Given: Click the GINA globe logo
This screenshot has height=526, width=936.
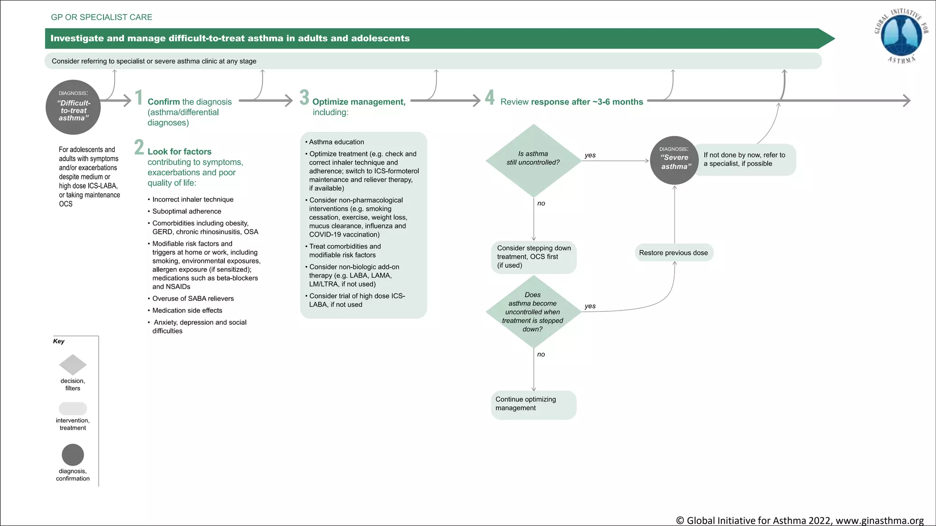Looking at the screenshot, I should [901, 36].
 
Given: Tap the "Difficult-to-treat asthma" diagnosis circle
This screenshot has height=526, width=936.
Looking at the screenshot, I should [73, 108].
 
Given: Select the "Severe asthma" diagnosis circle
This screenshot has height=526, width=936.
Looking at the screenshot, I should [675, 160].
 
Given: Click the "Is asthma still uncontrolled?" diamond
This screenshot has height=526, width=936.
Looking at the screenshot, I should [533, 160].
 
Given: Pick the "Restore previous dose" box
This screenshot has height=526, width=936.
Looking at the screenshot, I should [673, 252].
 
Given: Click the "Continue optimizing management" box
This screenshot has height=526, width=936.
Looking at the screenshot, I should [533, 404].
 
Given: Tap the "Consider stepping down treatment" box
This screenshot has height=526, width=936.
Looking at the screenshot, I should [533, 257].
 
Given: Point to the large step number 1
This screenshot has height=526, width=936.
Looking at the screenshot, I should [138, 98].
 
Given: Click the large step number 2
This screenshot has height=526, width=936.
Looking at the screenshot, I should [139, 147].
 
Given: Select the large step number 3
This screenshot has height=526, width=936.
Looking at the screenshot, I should [304, 97].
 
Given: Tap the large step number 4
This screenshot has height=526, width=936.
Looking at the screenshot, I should [489, 97].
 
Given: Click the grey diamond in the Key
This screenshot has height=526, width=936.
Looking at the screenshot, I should [73, 365].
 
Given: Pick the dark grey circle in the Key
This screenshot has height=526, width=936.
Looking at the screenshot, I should [73, 455].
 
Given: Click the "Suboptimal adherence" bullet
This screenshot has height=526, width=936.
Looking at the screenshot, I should [186, 211].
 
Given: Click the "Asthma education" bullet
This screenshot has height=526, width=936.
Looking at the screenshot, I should [336, 142].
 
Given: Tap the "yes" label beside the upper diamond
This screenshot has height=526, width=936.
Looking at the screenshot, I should [590, 155].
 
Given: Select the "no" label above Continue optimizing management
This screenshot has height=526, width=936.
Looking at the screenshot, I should [541, 354].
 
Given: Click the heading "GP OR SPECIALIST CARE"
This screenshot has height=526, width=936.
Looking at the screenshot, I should [101, 17].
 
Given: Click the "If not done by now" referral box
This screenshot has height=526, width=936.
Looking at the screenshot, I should [745, 159].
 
